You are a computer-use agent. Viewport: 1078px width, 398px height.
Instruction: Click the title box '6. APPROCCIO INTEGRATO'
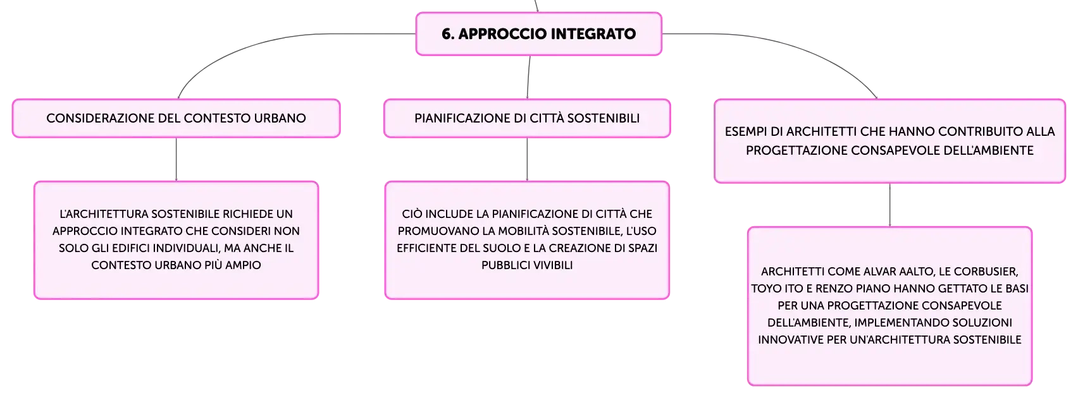pyautogui.click(x=538, y=33)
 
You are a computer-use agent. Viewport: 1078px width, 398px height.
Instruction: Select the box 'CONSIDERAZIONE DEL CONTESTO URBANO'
pyautogui.click(x=176, y=118)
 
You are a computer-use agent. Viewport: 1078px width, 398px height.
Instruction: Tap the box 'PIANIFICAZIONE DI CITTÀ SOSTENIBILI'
pyautogui.click(x=527, y=118)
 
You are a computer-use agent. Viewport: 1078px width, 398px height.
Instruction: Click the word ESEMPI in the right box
pyautogui.click(x=745, y=131)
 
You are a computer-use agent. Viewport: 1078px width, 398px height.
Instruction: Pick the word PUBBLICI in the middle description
pyautogui.click(x=502, y=265)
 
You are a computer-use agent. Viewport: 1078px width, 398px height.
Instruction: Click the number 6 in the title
pyautogui.click(x=446, y=33)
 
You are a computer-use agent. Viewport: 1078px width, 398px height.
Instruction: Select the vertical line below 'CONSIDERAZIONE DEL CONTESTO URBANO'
pyautogui.click(x=176, y=159)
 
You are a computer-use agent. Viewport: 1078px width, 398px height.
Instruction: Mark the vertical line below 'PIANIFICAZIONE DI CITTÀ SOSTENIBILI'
pyautogui.click(x=527, y=159)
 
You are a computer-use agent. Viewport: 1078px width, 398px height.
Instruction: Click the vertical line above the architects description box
pyautogui.click(x=889, y=205)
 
